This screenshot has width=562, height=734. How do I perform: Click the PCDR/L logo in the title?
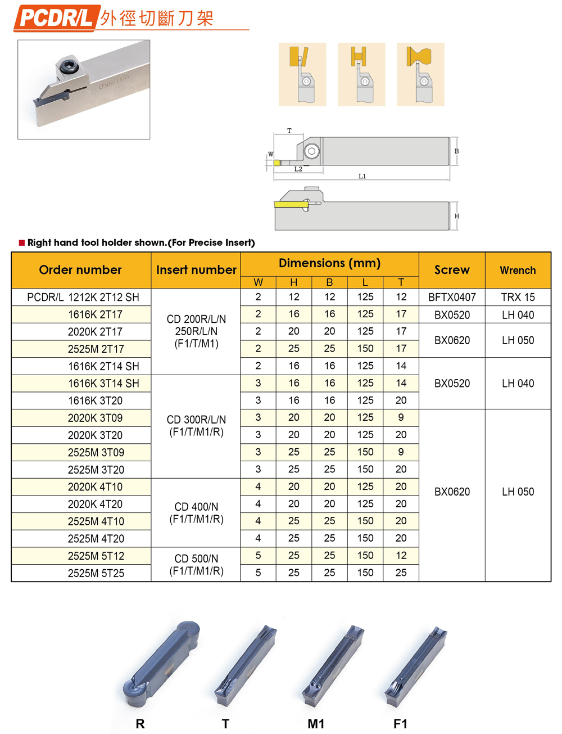(x=56, y=17)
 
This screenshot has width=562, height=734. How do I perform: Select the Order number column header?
(x=80, y=270)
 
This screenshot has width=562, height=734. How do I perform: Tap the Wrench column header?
(x=518, y=271)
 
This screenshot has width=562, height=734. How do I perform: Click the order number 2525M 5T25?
(x=96, y=573)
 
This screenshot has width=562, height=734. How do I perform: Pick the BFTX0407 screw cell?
(x=452, y=297)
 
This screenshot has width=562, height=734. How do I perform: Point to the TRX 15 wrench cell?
(x=518, y=297)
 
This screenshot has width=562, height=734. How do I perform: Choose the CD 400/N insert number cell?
(x=196, y=513)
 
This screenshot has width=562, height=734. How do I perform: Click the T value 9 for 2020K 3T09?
(x=401, y=417)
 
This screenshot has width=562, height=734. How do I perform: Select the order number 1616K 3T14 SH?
(x=103, y=384)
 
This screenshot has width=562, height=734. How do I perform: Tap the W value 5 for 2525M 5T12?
(x=258, y=556)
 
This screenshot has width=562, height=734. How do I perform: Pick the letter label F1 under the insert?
(x=400, y=724)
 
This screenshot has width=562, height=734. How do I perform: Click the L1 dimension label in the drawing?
(x=362, y=176)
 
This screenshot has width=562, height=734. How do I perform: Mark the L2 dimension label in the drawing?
(x=298, y=169)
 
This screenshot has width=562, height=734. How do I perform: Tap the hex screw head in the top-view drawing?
(x=312, y=151)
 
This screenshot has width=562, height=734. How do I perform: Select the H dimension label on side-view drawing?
(x=457, y=216)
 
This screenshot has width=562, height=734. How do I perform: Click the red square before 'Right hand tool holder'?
(x=22, y=243)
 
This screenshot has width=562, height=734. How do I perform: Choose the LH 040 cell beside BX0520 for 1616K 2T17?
(x=518, y=314)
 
